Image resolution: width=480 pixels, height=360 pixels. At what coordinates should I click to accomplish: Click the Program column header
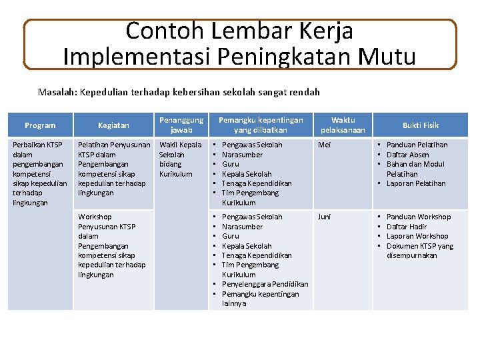click(39, 125)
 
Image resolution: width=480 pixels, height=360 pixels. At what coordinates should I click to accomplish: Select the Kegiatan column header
click(114, 125)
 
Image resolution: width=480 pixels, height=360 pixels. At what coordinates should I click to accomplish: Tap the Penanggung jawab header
click(181, 125)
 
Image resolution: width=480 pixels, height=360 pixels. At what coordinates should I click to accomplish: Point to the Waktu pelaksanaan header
click(343, 125)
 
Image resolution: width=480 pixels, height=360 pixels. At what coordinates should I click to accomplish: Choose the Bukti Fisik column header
click(421, 125)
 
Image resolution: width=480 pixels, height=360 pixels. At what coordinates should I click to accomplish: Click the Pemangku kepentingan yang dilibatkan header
click(261, 125)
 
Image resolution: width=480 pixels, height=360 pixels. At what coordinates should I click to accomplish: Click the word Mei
click(325, 145)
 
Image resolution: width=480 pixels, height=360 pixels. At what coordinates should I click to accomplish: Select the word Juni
click(324, 217)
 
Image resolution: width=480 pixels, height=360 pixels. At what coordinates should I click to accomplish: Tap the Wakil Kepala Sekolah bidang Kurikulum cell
click(181, 159)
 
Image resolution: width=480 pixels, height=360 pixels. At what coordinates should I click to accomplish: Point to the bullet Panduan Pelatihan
click(417, 145)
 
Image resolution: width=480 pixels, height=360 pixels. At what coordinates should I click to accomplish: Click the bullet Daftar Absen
click(407, 155)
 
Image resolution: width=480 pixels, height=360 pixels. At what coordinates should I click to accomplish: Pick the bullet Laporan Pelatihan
click(416, 183)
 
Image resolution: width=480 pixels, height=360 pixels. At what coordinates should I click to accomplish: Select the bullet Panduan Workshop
click(418, 217)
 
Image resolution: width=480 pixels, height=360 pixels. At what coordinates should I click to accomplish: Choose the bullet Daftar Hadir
click(407, 227)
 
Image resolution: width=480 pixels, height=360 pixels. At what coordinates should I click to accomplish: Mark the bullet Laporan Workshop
click(417, 236)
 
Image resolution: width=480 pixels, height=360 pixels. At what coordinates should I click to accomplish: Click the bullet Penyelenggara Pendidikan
click(265, 284)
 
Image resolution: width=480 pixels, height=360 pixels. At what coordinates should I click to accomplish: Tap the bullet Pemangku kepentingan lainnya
click(260, 299)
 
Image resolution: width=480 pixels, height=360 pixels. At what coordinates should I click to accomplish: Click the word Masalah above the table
click(56, 91)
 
